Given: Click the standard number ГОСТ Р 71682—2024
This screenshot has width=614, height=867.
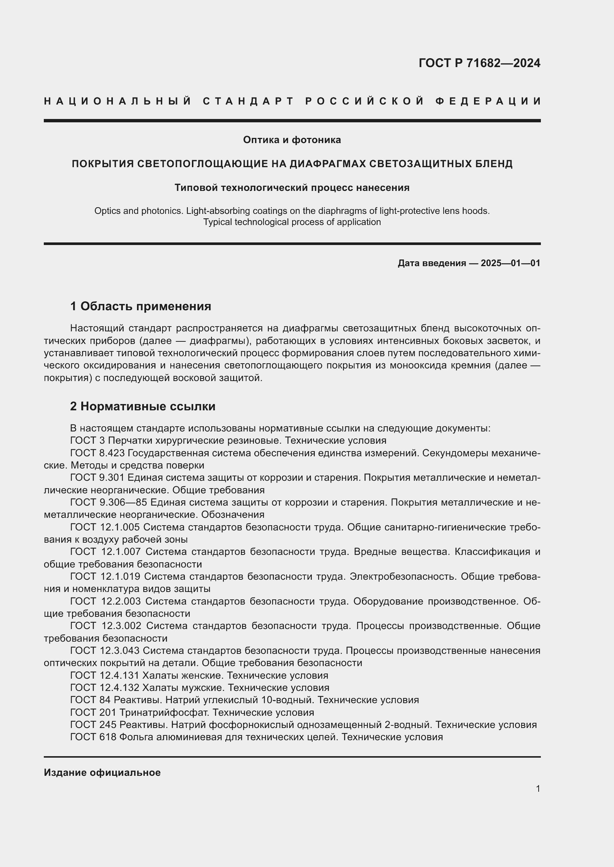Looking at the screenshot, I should pyautogui.click(x=479, y=63).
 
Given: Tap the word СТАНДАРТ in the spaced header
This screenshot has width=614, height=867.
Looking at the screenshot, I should pyautogui.click(x=248, y=101).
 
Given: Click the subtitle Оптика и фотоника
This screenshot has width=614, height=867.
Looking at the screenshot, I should pyautogui.click(x=292, y=140).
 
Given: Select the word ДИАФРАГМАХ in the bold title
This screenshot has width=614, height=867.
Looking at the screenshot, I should pyautogui.click(x=327, y=163).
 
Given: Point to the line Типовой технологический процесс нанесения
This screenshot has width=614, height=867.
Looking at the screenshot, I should pyautogui.click(x=292, y=188).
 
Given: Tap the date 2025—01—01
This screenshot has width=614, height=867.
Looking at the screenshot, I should pyautogui.click(x=510, y=263).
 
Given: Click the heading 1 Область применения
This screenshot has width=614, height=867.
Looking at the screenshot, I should pyautogui.click(x=141, y=306).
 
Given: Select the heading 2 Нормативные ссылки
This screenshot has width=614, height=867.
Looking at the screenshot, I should pyautogui.click(x=143, y=406).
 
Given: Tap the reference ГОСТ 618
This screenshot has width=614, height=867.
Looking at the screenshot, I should pyautogui.click(x=93, y=737).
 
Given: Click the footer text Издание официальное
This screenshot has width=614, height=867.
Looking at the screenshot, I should pyautogui.click(x=102, y=772).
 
